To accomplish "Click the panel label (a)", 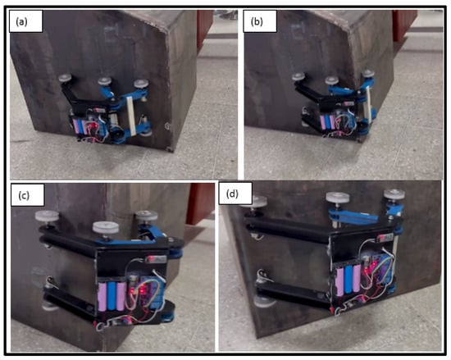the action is click(22, 21).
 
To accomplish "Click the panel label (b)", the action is click(257, 21).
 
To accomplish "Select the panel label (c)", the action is click(24, 195).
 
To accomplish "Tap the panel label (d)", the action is click(232, 194).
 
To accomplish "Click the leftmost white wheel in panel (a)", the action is click(65, 77).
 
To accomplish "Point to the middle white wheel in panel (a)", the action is click(104, 81).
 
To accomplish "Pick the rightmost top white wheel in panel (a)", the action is click(141, 84).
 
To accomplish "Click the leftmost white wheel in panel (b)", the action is click(298, 77).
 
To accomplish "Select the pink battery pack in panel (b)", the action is click(326, 122).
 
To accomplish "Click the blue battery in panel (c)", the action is click(112, 297).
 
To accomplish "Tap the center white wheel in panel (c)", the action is click(106, 228).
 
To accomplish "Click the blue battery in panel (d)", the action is click(348, 280).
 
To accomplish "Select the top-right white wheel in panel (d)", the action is click(394, 194).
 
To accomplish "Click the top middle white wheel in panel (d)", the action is click(337, 198).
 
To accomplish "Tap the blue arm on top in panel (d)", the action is click(353, 216).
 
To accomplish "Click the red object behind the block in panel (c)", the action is click(200, 203).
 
